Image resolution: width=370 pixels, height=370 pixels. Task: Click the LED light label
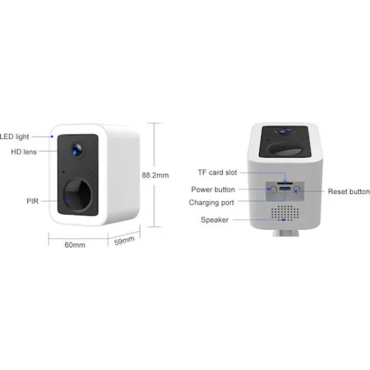[14, 137]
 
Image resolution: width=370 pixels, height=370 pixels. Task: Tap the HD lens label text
[24, 152]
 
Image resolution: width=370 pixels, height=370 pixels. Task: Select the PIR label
[33, 201]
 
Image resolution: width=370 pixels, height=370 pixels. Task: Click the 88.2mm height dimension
[155, 175]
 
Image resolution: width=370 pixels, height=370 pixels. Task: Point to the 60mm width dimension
[75, 245]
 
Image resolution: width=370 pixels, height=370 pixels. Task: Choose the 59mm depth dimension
[124, 240]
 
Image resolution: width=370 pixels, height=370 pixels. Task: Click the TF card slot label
[218, 172]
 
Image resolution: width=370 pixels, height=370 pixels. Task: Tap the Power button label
[213, 189]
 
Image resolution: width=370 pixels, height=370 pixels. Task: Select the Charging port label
[212, 203]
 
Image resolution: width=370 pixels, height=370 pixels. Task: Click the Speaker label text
[215, 220]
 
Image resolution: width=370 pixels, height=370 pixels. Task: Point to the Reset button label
[349, 192]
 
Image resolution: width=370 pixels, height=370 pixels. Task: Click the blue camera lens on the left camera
[77, 149]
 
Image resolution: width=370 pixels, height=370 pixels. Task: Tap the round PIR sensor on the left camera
[78, 195]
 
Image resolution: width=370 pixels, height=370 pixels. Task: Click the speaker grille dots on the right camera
[285, 212]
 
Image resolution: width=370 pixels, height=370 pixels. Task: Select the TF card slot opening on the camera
[285, 183]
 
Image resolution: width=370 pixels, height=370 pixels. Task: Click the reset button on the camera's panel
[297, 190]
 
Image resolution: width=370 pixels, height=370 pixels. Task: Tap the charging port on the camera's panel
[285, 189]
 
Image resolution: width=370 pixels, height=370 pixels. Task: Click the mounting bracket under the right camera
[286, 233]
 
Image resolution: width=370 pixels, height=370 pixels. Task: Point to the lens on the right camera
[286, 131]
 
